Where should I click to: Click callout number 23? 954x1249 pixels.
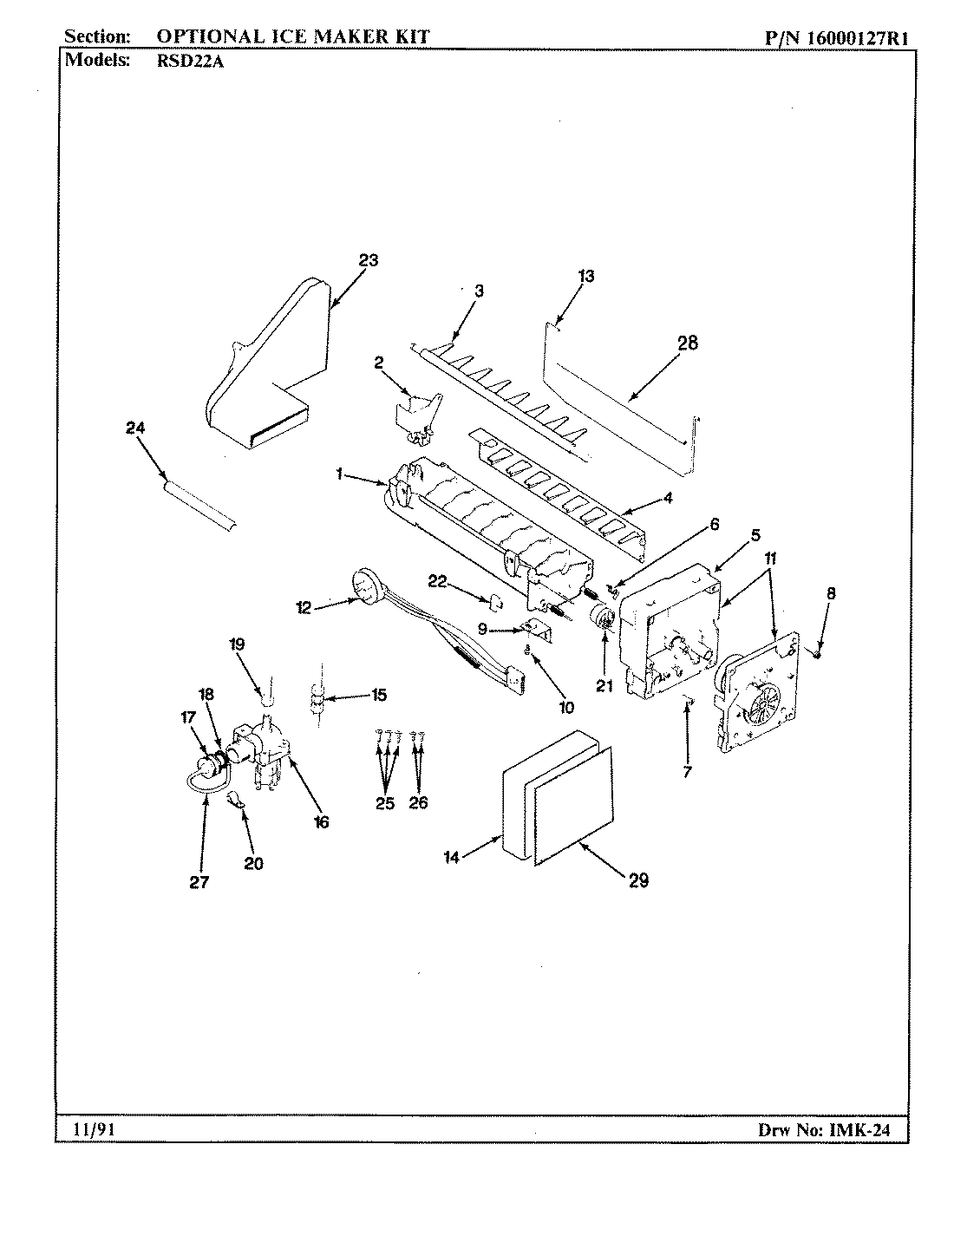coord(369,259)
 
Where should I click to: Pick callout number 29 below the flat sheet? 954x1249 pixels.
coord(638,880)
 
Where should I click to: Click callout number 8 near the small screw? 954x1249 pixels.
coord(831,594)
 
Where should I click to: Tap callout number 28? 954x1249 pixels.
coord(687,343)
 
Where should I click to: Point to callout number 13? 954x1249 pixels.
coord(586,276)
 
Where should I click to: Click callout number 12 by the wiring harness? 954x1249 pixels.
coord(304,608)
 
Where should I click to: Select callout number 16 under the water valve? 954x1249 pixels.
coord(322,821)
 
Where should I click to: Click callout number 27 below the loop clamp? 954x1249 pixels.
coord(199,882)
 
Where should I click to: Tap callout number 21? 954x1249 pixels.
coord(604,685)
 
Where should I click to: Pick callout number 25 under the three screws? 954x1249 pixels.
coord(385,803)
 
